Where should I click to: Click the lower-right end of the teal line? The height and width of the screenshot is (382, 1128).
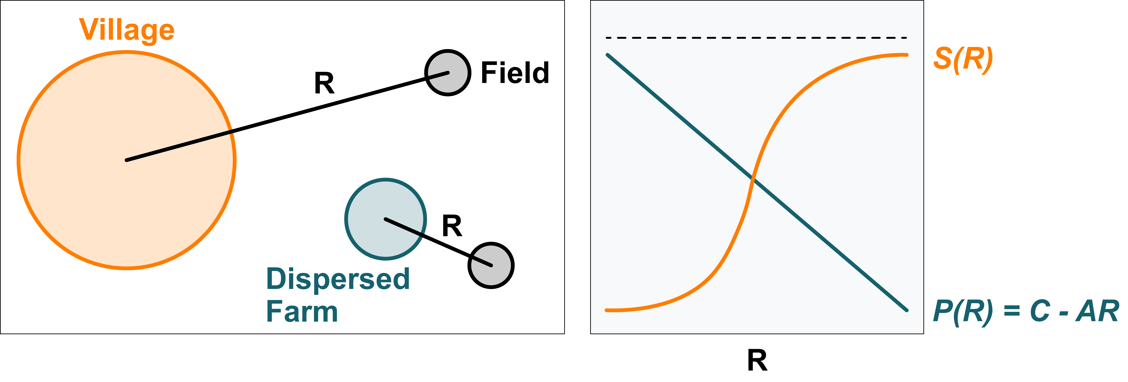click(x=906, y=310)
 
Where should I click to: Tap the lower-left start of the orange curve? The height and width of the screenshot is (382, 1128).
click(x=607, y=310)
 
